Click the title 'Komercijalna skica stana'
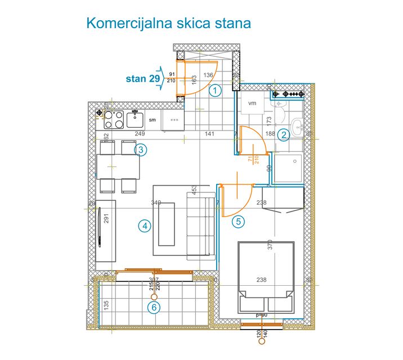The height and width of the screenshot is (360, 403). pos(168,24)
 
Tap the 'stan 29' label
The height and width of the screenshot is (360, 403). pos(142,79)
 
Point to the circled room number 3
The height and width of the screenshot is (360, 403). pos(141,150)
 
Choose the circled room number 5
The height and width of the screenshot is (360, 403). pos(239,221)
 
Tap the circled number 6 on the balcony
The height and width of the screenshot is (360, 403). pos(154,308)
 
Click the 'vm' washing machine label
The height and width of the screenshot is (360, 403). pos(252,103)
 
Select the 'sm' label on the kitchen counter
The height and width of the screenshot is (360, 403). pos(152,120)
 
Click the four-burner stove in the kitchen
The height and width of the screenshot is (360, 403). pos(114,118)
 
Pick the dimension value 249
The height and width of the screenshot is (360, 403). pos(140,134)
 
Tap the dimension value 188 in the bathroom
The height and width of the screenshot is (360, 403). pos(270,134)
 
